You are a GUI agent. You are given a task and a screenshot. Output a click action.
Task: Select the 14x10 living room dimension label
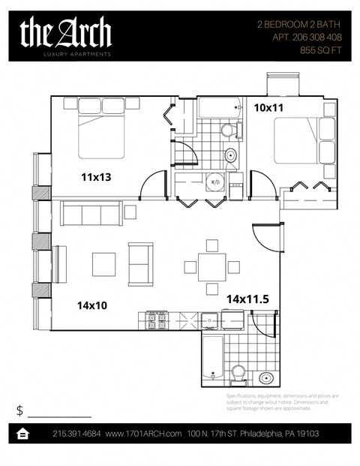click(90, 305)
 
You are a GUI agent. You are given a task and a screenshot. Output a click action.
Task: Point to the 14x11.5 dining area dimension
click(247, 299)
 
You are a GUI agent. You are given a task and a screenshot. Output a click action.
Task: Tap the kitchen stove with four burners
click(156, 321)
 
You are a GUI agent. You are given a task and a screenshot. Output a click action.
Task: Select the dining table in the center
click(212, 266)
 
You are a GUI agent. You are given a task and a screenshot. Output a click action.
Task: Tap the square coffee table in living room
click(103, 264)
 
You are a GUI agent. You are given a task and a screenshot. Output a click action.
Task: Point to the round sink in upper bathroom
click(231, 156)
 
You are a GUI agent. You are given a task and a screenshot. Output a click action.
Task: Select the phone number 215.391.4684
click(76, 434)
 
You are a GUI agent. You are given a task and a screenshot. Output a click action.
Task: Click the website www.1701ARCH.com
click(144, 434)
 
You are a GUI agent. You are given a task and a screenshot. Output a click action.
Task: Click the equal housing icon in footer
click(23, 434)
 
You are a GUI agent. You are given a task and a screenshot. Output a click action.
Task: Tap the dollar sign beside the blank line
click(19, 410)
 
